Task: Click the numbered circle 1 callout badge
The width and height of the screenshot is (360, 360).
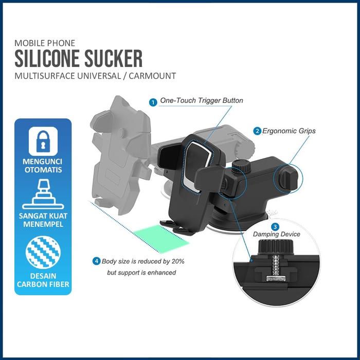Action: point(153,102)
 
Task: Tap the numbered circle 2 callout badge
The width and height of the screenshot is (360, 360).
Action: point(257,131)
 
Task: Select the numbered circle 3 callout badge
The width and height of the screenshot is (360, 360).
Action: point(275,226)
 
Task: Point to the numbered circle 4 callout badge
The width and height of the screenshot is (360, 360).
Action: point(96,261)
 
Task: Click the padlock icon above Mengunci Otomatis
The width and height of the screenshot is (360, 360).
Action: point(43,140)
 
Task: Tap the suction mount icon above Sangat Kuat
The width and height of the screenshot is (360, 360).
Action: point(43,194)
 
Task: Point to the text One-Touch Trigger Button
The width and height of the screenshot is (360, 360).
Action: point(202,101)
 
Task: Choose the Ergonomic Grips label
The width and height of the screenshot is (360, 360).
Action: point(289,131)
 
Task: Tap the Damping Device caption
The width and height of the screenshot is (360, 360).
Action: point(276,235)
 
